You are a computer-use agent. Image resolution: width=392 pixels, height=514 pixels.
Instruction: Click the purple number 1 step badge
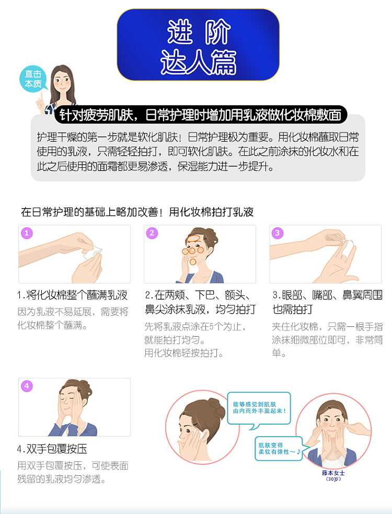27,233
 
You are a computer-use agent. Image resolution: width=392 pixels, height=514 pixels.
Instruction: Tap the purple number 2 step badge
152,233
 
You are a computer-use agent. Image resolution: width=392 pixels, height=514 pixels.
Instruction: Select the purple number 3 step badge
278,233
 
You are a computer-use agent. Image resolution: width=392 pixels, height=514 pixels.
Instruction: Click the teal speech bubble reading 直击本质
33,79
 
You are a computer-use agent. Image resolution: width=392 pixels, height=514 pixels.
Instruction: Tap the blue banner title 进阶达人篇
198,45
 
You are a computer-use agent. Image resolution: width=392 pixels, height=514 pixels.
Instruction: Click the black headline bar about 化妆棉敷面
201,115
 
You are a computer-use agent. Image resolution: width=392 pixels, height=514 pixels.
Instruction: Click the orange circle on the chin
193,262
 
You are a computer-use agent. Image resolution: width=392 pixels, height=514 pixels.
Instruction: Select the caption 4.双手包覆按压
52,449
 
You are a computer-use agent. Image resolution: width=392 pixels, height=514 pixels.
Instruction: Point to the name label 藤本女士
333,473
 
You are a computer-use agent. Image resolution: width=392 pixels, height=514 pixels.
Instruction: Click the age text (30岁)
333,479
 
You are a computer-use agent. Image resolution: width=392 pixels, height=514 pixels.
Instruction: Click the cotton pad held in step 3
347,244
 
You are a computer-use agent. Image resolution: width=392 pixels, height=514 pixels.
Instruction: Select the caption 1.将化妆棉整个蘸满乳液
73,295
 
